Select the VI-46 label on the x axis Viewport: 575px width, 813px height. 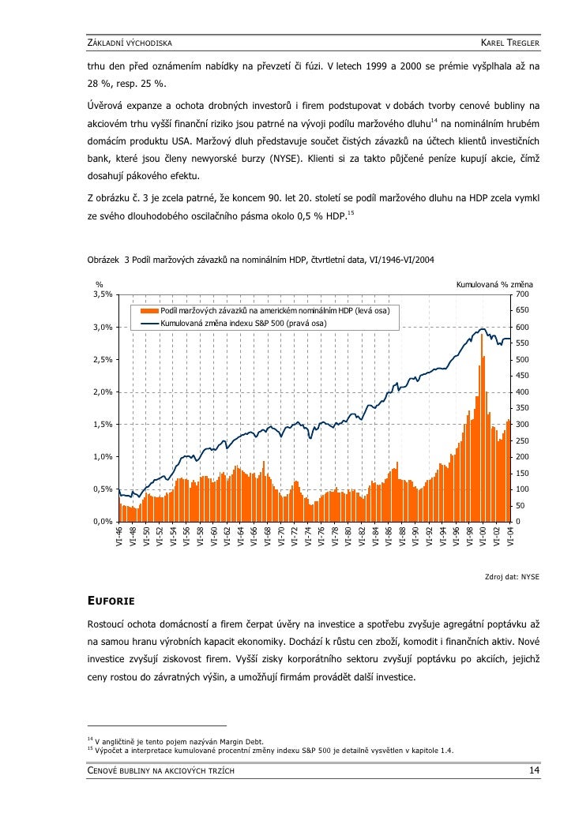pyautogui.click(x=120, y=538)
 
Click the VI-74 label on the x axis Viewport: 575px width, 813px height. pyautogui.click(x=308, y=538)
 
